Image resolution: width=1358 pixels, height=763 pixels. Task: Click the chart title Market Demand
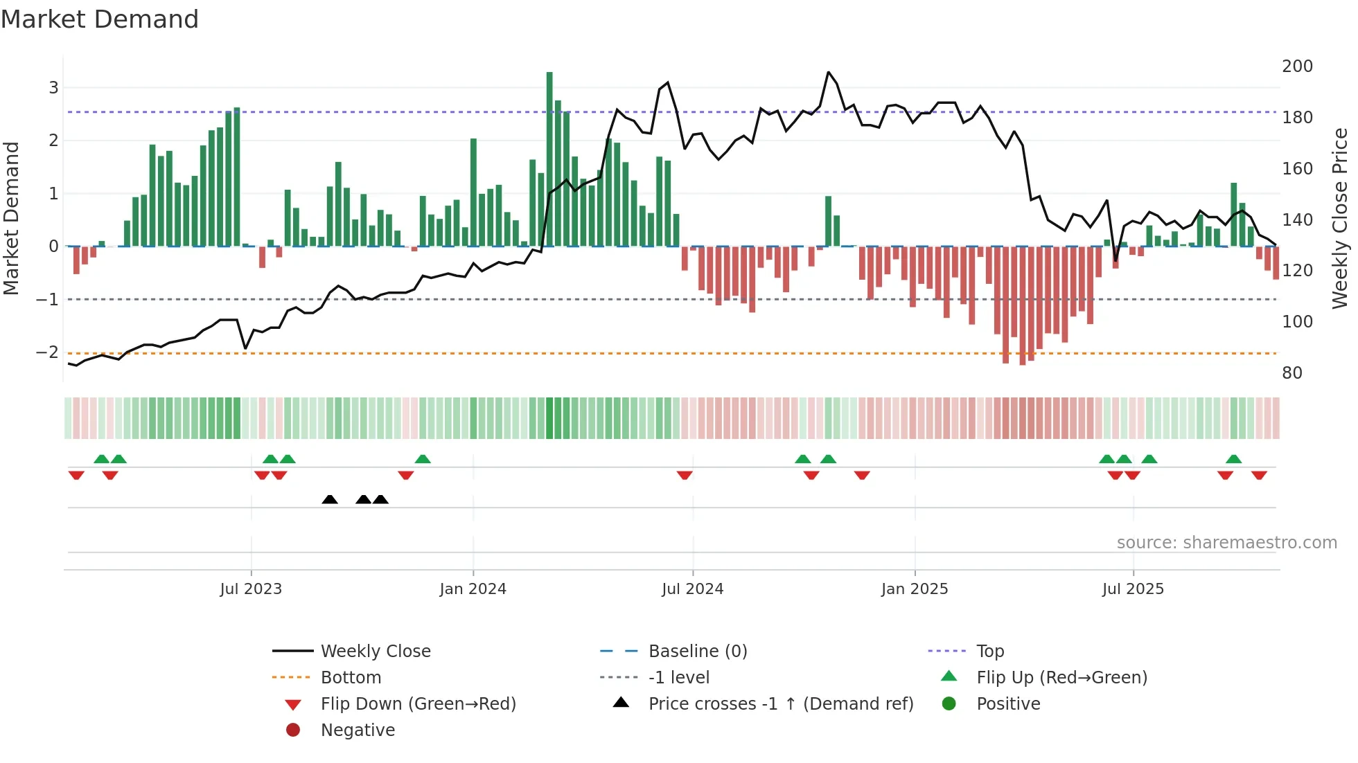100,19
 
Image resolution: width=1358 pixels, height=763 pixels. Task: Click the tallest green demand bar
549,159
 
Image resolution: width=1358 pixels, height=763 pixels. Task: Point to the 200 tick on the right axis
1297,66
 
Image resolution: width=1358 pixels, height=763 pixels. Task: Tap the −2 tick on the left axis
48,352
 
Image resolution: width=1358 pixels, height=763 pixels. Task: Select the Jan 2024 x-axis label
473,589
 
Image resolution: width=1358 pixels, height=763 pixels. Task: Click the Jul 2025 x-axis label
1133,589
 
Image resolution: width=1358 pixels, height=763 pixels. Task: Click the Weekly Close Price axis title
1340,218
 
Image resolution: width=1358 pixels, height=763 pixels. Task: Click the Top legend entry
989,652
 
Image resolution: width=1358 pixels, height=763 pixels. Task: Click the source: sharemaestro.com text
1226,543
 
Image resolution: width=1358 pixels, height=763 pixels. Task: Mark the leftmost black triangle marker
330,499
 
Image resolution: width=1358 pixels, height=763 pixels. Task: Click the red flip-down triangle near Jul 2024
685,475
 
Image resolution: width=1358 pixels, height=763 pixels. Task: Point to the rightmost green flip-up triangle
1233,459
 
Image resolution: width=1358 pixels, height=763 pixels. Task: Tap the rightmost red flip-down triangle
1259,475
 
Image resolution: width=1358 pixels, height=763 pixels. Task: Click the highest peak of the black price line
828,73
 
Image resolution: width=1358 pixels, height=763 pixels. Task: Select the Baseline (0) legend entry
697,652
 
